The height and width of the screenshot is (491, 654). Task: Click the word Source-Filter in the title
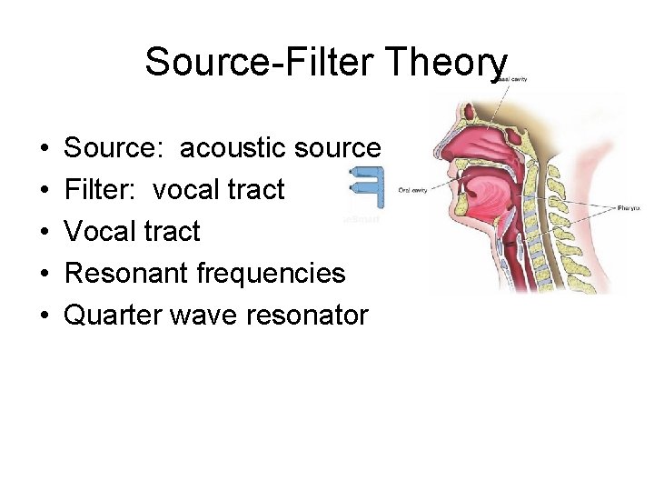pyautogui.click(x=254, y=64)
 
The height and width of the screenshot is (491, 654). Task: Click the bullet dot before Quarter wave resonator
pyautogui.click(x=44, y=316)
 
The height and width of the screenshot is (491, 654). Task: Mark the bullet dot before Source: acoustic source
pyautogui.click(x=44, y=148)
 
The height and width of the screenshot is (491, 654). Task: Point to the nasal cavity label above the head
pyautogui.click(x=514, y=80)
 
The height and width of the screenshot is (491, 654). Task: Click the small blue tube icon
pyautogui.click(x=368, y=187)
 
